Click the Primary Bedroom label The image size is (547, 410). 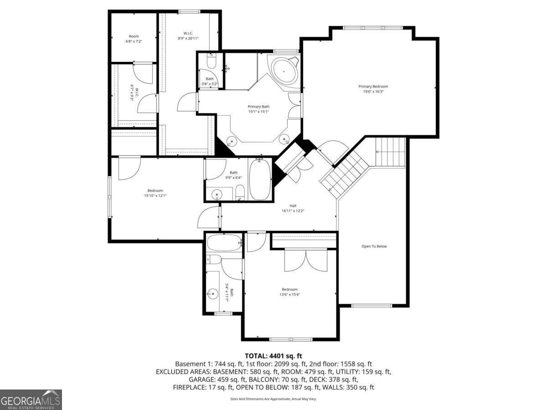[x=373, y=89]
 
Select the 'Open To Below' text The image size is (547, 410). [x=374, y=246]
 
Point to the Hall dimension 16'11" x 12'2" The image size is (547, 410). [x=293, y=211]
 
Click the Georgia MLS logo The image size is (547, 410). [x=31, y=400]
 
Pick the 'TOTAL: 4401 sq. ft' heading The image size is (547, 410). [x=273, y=356]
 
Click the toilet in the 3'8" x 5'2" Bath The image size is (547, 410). [x=212, y=62]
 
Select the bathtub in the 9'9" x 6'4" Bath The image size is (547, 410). [x=260, y=179]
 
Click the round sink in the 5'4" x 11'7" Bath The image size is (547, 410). [x=213, y=294]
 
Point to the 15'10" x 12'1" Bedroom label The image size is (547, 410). [x=155, y=193]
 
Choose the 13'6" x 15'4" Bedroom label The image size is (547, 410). [x=289, y=292]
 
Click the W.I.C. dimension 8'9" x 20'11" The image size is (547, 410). [x=188, y=38]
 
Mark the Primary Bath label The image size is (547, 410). [x=258, y=109]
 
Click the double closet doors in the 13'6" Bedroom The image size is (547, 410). [x=306, y=261]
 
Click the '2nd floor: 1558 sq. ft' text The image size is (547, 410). [x=341, y=364]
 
